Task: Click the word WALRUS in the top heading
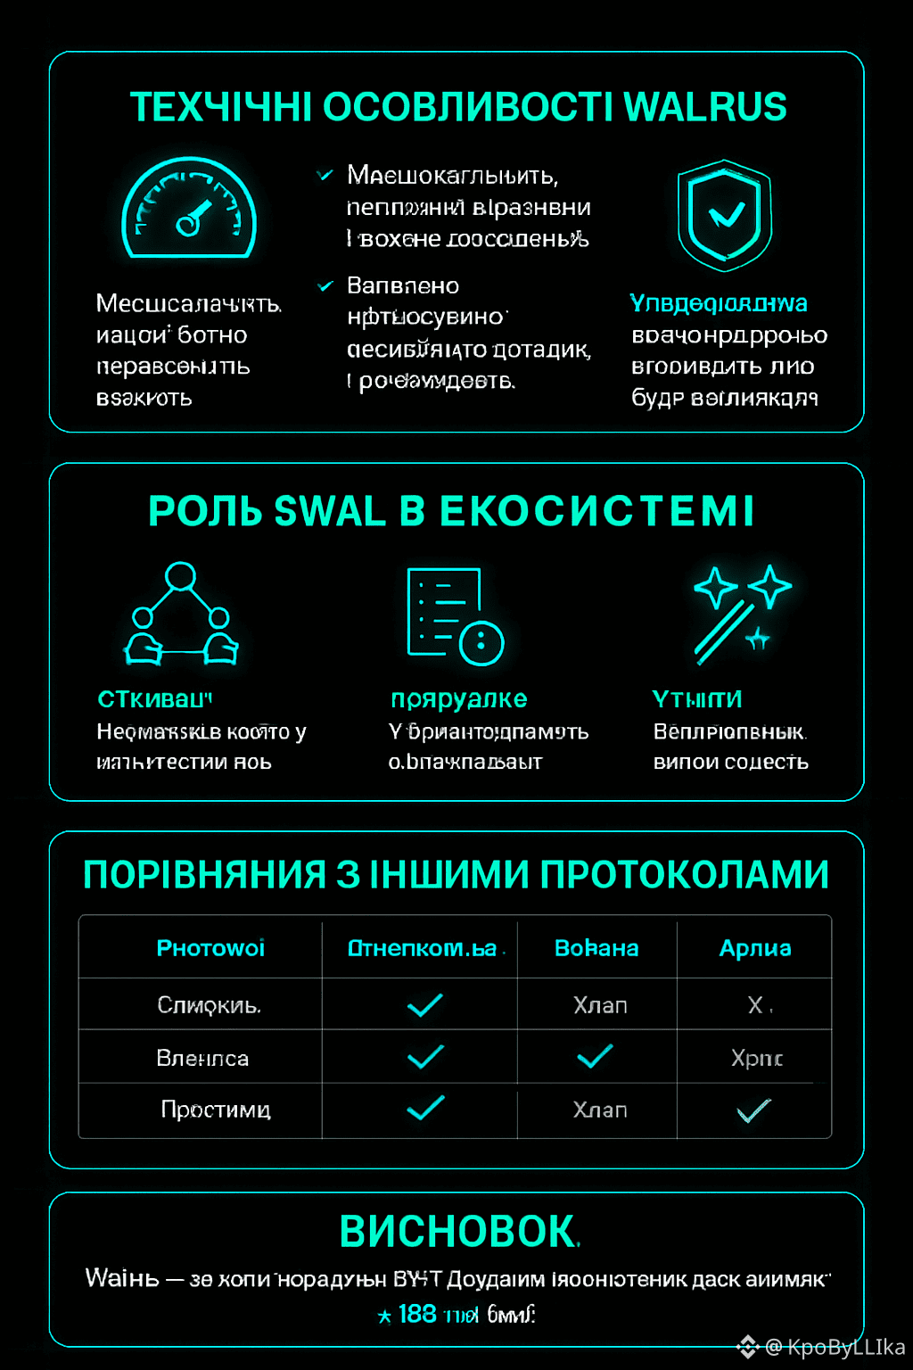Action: click(x=704, y=107)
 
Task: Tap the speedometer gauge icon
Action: click(x=189, y=210)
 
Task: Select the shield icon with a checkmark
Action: click(x=724, y=215)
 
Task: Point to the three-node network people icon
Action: click(x=181, y=615)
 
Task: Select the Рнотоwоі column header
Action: click(x=210, y=948)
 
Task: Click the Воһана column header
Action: click(x=596, y=948)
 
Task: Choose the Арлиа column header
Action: click(x=755, y=948)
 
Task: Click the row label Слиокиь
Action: click(x=210, y=1005)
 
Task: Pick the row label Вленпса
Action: click(x=202, y=1058)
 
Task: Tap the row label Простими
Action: click(x=216, y=1110)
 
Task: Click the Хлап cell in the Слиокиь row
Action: click(x=600, y=1005)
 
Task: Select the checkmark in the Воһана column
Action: click(x=595, y=1057)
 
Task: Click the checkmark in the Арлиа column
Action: click(x=753, y=1111)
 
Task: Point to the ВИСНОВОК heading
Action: click(x=458, y=1233)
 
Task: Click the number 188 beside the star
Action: click(x=417, y=1314)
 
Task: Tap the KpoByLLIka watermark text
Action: click(x=845, y=1347)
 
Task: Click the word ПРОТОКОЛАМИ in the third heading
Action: click(x=685, y=875)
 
